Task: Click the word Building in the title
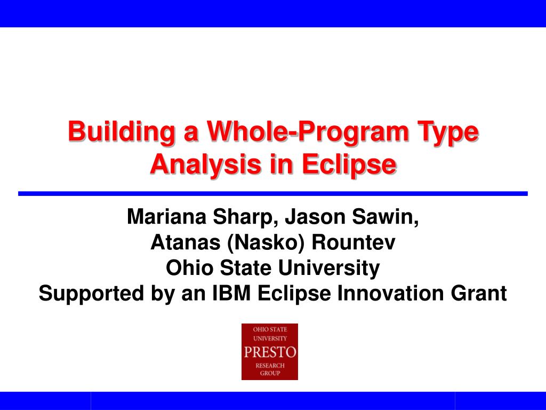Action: [x=121, y=132]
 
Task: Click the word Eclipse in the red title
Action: [x=349, y=164]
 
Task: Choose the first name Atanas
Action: [x=185, y=242]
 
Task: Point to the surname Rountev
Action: [x=354, y=242]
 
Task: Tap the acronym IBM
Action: [x=231, y=293]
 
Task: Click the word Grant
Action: [x=479, y=293]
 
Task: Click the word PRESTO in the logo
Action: [x=270, y=352]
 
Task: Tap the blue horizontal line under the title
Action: [x=273, y=193]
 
